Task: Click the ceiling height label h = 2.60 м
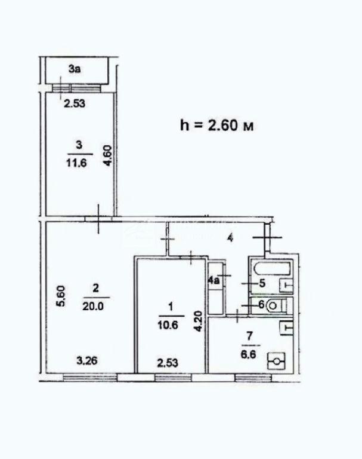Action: point(217,126)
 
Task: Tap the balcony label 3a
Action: point(75,69)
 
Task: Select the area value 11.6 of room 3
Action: point(76,163)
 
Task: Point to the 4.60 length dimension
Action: point(108,156)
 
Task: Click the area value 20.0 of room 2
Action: point(93,306)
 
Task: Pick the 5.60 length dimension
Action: point(61,296)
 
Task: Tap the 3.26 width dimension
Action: point(87,360)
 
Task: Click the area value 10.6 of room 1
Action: point(168,325)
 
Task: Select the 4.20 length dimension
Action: point(199,321)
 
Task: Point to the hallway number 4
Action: point(231,238)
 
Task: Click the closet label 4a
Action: point(214,280)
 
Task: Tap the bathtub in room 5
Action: point(273,269)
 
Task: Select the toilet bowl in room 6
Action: point(275,305)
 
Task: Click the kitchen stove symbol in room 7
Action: point(276,361)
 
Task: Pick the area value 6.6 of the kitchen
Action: point(248,354)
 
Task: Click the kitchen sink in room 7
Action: point(286,328)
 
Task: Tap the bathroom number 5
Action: point(262,283)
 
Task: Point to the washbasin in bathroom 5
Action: point(286,286)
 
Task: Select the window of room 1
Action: point(174,378)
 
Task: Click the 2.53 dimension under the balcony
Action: point(75,103)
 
